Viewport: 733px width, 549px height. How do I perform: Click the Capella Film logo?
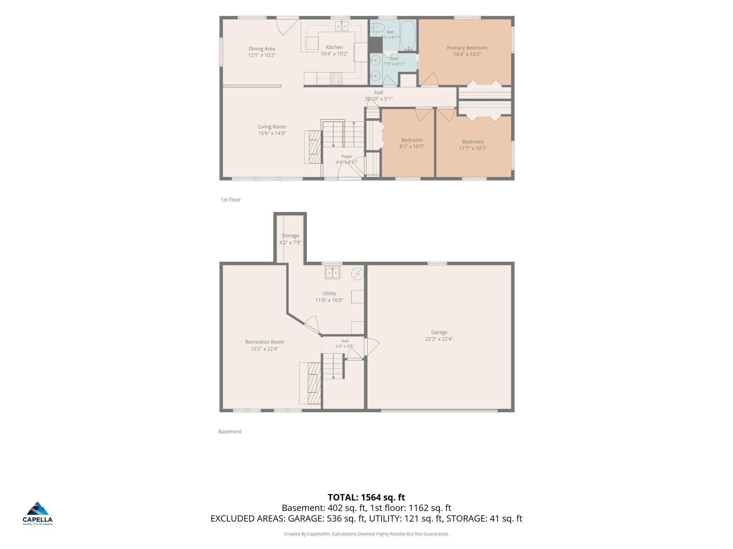click(38, 513)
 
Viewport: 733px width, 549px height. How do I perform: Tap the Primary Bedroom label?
click(467, 48)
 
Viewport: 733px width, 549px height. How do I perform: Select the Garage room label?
click(439, 332)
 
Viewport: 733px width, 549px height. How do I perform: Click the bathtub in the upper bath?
click(408, 35)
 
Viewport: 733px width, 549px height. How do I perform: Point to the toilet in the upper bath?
click(377, 28)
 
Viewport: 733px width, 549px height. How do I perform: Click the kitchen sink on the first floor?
click(341, 26)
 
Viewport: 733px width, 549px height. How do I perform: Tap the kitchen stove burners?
click(336, 78)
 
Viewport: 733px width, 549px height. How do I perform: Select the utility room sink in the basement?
click(332, 273)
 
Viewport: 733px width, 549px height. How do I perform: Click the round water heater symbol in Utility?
click(357, 273)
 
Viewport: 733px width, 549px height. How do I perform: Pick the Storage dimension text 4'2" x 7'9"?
click(290, 242)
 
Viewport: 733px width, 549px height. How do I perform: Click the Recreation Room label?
click(265, 342)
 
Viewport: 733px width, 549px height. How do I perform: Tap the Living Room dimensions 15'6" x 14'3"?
click(272, 133)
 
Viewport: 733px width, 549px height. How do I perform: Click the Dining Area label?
click(262, 49)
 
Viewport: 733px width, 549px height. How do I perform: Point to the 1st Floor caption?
click(231, 200)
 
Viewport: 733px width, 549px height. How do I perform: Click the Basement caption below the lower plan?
click(230, 431)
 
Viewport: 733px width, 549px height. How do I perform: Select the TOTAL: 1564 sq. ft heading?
click(366, 497)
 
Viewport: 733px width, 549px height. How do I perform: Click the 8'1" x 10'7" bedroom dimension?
click(412, 146)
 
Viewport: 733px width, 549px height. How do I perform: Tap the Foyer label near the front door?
click(347, 157)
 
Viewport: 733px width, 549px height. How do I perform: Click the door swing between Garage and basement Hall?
click(372, 347)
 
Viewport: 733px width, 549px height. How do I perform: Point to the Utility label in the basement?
click(329, 294)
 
